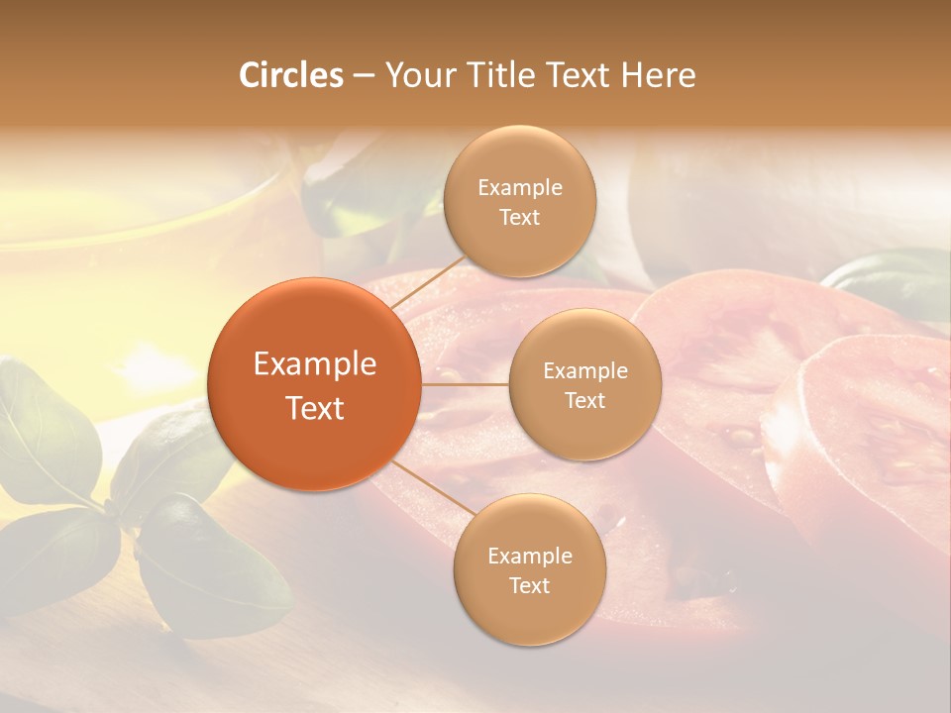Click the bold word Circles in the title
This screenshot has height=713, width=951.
click(x=291, y=75)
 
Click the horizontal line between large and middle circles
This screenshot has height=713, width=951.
click(x=465, y=384)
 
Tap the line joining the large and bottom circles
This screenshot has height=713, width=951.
click(x=428, y=487)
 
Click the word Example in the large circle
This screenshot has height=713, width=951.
click(x=314, y=364)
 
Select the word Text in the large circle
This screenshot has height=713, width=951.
click(x=314, y=408)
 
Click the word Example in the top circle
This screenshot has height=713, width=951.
click(x=519, y=188)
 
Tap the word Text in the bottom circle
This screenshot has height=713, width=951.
click(x=529, y=586)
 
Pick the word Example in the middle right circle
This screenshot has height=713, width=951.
click(x=584, y=371)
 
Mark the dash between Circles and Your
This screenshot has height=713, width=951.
click(x=363, y=76)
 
